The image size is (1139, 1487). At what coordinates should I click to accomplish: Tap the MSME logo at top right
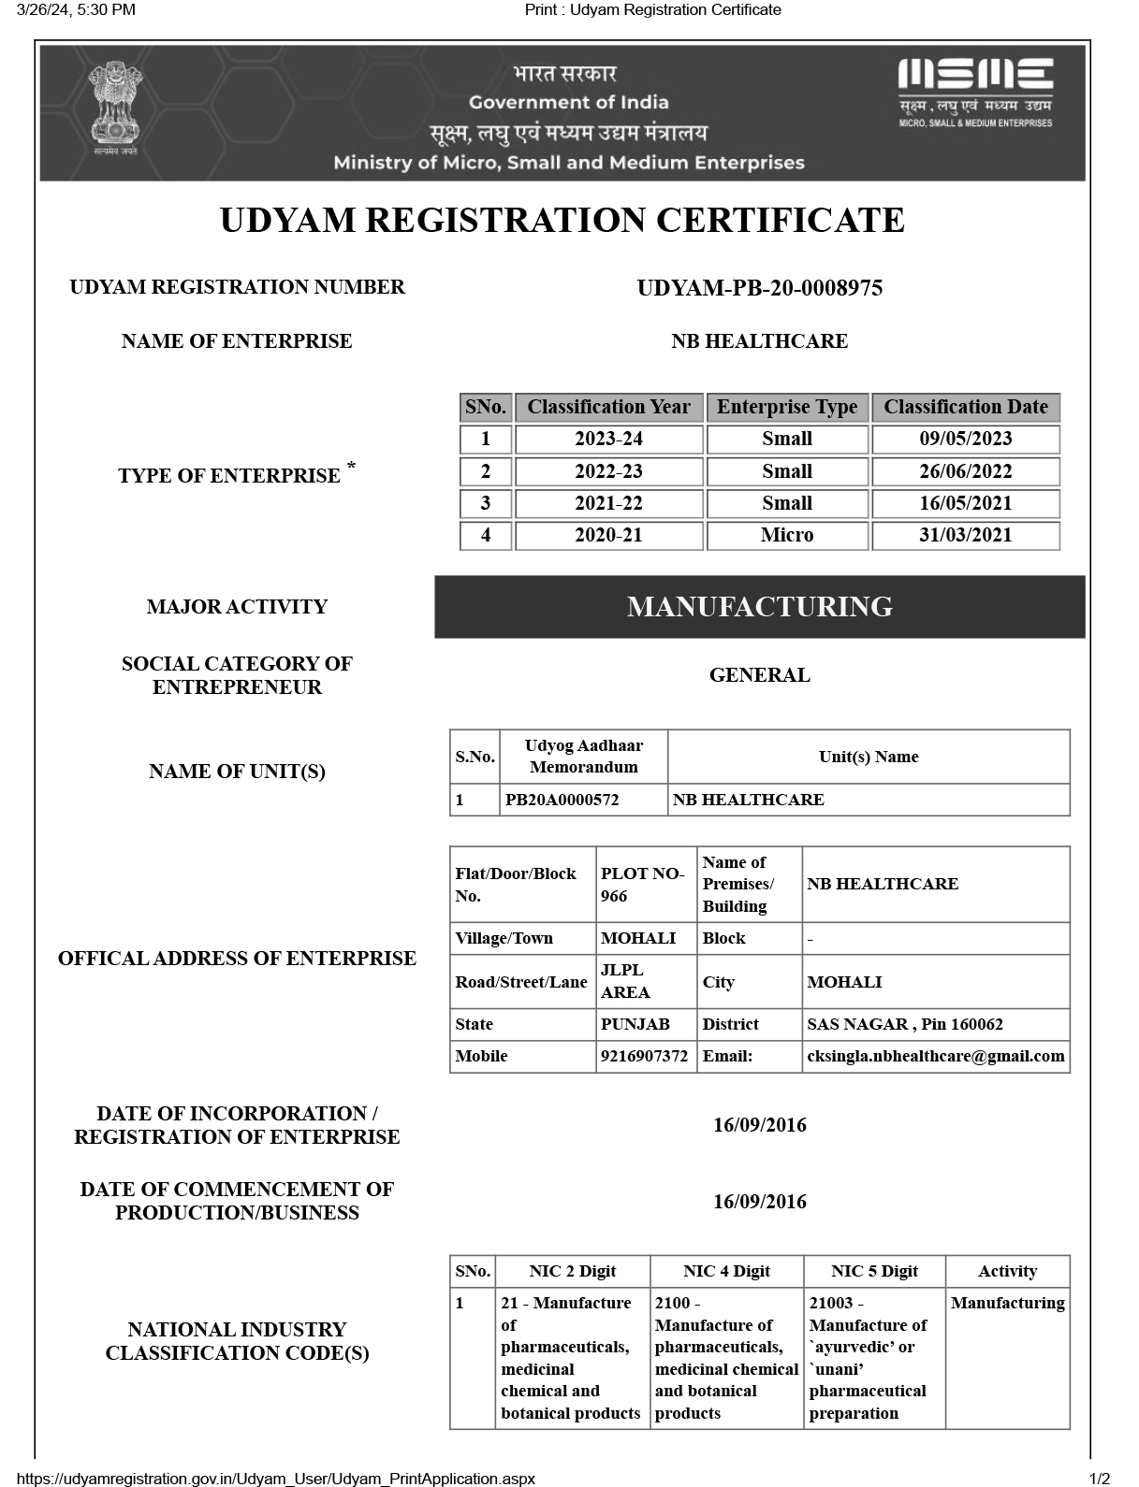975,92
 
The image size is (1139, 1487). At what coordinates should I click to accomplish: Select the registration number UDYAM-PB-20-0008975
759,288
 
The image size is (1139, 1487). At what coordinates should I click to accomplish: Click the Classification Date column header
965,407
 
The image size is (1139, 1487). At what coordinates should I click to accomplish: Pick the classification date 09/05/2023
965,440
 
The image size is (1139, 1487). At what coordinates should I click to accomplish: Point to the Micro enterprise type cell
787,535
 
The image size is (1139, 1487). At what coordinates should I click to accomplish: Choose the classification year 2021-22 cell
608,503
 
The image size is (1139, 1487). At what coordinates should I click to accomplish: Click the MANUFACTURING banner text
759,607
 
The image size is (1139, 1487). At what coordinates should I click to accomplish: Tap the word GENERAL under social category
759,675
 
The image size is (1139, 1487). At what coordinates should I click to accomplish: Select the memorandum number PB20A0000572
562,800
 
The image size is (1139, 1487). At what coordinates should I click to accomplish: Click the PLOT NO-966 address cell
643,885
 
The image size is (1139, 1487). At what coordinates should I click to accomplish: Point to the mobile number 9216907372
644,1056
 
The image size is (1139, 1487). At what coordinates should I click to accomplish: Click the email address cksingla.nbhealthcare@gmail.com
935,1056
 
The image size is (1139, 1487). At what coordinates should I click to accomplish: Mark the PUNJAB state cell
635,1024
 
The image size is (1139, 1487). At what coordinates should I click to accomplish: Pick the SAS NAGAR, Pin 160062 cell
904,1024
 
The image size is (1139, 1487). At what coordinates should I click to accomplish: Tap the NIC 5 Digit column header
874,1271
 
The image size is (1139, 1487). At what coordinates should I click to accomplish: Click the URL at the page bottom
276,1479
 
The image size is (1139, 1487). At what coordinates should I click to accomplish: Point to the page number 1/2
1099,1479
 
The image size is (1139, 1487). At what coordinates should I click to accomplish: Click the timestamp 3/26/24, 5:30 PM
76,10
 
